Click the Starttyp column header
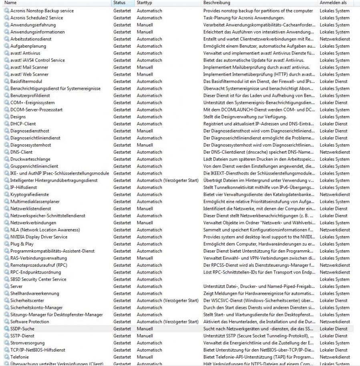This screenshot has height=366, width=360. coord(144,3)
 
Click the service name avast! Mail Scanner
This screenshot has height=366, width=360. coord(29,67)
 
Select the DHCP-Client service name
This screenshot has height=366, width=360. coord(23,124)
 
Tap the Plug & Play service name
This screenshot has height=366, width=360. coord(22,244)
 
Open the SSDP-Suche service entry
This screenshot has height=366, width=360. coord(22,329)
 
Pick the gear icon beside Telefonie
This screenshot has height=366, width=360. coord(6,357)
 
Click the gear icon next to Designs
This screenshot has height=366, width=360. coord(6,117)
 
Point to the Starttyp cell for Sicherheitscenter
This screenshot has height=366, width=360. coord(167,300)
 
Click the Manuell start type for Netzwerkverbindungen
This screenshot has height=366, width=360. coord(145,223)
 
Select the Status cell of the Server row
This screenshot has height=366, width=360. coord(122,286)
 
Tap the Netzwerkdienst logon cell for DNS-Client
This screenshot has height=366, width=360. coord(334,152)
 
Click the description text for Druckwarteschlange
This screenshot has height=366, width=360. coord(258,159)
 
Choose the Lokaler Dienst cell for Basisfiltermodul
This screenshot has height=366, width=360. coord(333,81)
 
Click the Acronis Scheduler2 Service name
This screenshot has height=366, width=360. coord(36,18)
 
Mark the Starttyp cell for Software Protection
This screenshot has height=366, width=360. coord(167,322)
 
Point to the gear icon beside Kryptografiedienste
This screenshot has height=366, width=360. coord(6,194)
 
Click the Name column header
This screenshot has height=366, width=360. coord(10,3)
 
